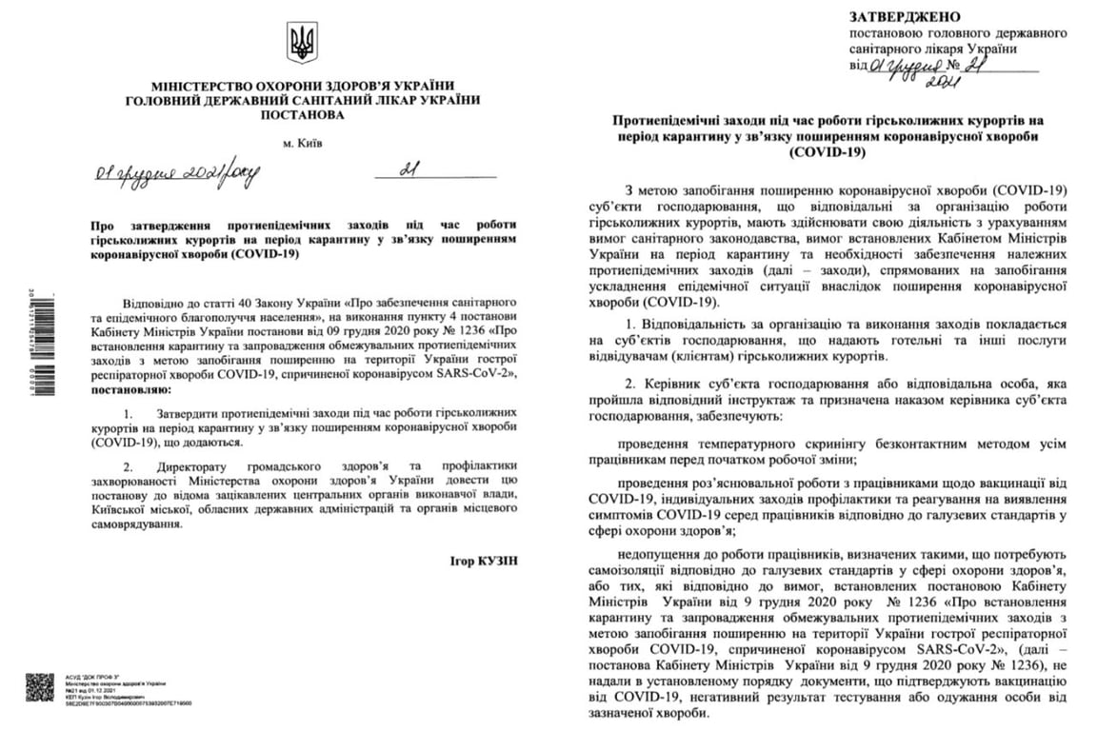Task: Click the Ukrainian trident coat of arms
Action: tap(302, 44)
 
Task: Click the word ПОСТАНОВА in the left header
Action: tap(302, 115)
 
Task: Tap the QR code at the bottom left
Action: tap(39, 687)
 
